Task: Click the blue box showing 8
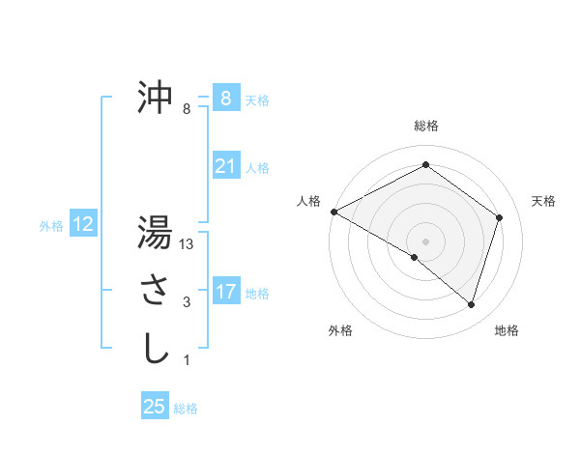225,99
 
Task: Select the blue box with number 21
225,166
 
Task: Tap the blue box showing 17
225,291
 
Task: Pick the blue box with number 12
83,225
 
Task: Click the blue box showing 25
155,407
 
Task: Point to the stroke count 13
188,245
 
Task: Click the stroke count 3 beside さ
187,303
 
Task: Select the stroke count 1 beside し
187,360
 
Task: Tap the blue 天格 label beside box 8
256,100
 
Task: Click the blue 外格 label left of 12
51,226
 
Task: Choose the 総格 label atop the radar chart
425,126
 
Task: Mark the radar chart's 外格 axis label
340,330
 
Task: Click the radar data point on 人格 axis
333,212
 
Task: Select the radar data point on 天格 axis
499,217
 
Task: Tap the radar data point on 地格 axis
471,304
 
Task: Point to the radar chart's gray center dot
425,241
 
